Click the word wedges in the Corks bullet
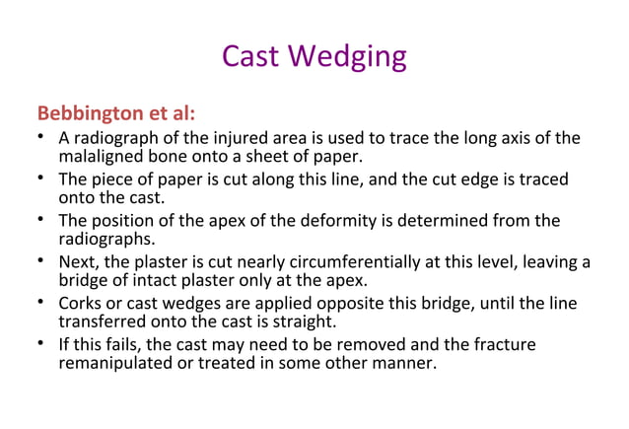(174, 303)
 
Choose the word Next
(79, 262)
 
